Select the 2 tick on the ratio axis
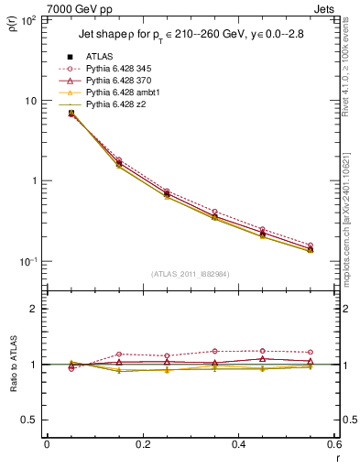pos(36,309)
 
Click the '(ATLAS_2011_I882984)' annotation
pos(191,274)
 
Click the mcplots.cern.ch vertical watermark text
pos(352,266)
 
